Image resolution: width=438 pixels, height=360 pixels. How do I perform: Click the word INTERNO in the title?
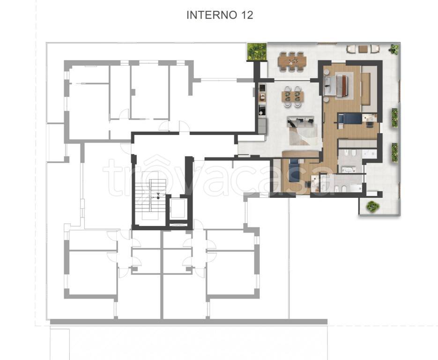click(212, 15)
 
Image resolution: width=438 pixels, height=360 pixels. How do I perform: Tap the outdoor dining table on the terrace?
click(292, 60)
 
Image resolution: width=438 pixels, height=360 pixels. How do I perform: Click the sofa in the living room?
click(301, 121)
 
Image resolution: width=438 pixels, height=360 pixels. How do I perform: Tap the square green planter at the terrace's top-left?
click(257, 52)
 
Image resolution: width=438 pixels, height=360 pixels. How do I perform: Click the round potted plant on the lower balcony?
click(373, 207)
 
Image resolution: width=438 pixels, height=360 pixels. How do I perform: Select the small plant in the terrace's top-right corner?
click(394, 49)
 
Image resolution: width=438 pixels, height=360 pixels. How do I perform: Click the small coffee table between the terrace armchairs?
click(363, 49)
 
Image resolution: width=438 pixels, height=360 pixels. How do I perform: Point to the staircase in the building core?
click(150, 199)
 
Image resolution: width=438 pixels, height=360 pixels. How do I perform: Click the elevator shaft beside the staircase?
click(178, 209)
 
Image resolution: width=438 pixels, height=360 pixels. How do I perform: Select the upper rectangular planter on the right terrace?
click(394, 118)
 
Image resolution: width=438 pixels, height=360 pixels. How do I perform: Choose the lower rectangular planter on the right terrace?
click(394, 152)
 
